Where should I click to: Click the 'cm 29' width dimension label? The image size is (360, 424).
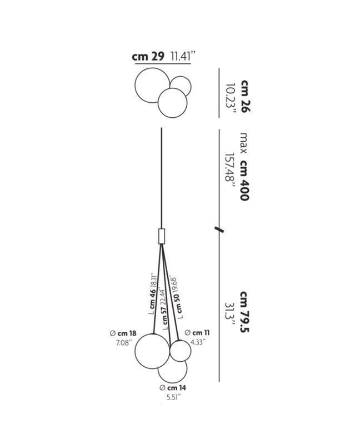pyautogui.click(x=148, y=57)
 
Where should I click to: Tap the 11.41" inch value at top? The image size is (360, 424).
pyautogui.click(x=182, y=56)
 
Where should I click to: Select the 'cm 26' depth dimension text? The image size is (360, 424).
pyautogui.click(x=244, y=96)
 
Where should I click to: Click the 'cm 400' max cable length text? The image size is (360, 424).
pyautogui.click(x=244, y=181)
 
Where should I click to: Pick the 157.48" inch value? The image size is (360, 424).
pyautogui.click(x=230, y=171)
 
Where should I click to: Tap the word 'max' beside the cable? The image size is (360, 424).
pyautogui.click(x=243, y=143)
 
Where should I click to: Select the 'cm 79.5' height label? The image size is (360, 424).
pyautogui.click(x=244, y=312)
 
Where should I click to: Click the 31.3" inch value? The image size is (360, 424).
pyautogui.click(x=230, y=314)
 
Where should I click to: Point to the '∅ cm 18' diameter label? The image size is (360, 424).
pyautogui.click(x=123, y=333)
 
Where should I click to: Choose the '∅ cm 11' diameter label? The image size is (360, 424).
pyautogui.click(x=197, y=333)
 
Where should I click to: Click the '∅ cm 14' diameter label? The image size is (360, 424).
pyautogui.click(x=173, y=388)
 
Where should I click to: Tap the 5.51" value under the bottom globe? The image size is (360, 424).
pyautogui.click(x=173, y=397)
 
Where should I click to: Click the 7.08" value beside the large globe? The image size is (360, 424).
pyautogui.click(x=124, y=343)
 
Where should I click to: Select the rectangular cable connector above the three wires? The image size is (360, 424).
pyautogui.click(x=161, y=236)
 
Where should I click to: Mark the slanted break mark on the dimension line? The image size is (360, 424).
pyautogui.click(x=219, y=230)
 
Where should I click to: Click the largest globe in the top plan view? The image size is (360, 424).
pyautogui.click(x=135, y=86)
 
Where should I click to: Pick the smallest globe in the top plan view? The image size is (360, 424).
pyautogui.click(x=191, y=87)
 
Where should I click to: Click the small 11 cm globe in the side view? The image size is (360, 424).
pyautogui.click(x=170, y=351)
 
